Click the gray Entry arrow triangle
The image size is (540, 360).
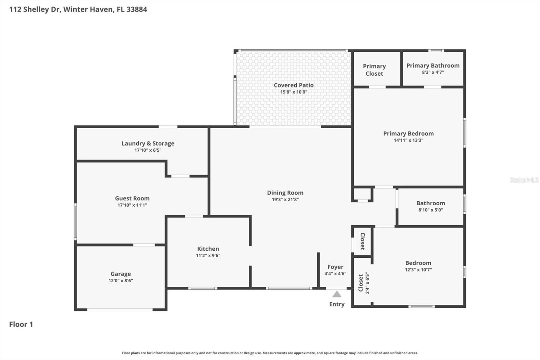point(337,294)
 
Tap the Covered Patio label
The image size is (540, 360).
point(294,85)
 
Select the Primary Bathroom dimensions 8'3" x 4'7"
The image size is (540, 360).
point(433,72)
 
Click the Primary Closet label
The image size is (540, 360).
point(374,70)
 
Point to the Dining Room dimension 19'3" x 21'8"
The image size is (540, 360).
point(285,200)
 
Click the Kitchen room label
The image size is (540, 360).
point(208,249)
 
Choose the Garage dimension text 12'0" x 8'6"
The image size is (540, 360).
point(120,281)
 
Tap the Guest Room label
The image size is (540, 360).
point(132,199)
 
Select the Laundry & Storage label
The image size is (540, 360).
point(148,144)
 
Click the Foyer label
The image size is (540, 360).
point(335,267)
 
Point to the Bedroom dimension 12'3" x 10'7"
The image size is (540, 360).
point(418,270)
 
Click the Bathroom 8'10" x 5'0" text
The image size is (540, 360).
point(431,210)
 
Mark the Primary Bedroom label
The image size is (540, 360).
point(408,134)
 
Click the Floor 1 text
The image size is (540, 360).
point(21,325)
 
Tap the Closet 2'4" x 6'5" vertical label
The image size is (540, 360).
point(364,283)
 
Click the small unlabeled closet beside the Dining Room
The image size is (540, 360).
point(362,194)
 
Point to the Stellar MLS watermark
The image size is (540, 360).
point(524,180)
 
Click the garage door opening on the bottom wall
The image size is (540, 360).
point(120,309)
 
